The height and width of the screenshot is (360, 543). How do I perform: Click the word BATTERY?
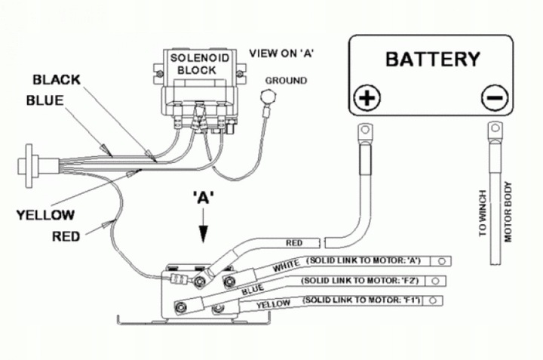432,59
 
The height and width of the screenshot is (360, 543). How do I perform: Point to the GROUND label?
287,80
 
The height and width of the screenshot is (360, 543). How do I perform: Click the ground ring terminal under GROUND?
265,96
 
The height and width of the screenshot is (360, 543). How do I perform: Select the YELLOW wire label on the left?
45,214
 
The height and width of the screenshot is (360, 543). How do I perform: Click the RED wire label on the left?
66,236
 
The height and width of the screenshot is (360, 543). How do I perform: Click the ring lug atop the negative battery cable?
495,132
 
